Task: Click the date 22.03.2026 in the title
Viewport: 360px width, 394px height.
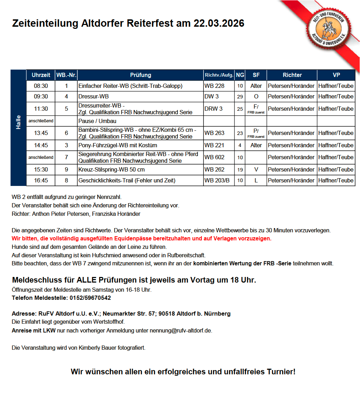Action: pos(219,24)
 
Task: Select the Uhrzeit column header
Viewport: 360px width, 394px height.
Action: pos(41,75)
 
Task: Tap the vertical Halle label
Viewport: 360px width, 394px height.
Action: pos(18,122)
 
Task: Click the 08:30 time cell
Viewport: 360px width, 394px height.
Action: pos(41,86)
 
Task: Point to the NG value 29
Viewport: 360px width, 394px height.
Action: pos(240,97)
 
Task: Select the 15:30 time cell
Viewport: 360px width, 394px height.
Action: pos(41,169)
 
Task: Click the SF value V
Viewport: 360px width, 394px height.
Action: pos(256,169)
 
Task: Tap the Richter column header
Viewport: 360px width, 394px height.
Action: pos(292,75)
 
